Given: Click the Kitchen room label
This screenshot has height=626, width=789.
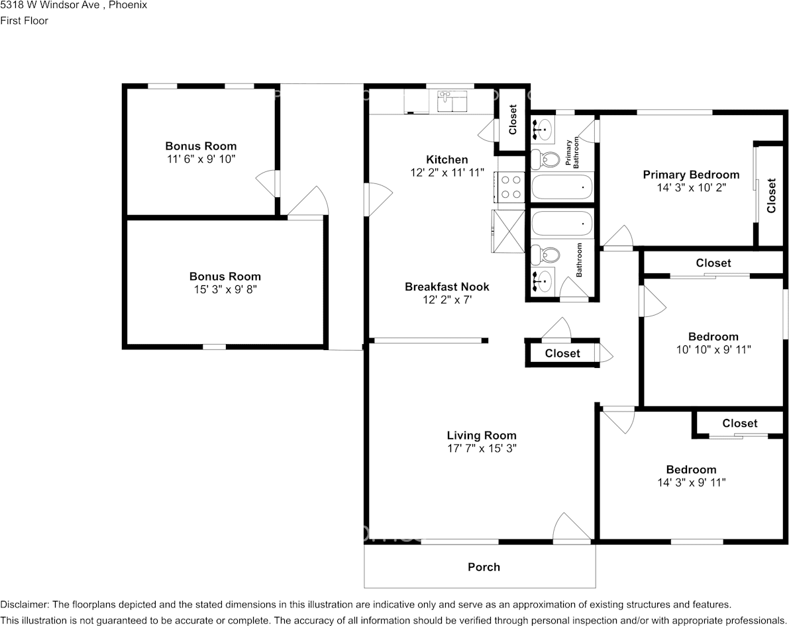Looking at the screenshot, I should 447,159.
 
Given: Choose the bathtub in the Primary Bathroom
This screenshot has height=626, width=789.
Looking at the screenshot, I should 562,187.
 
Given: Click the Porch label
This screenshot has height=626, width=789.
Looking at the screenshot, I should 484,566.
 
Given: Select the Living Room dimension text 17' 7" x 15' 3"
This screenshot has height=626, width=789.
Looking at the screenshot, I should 481,448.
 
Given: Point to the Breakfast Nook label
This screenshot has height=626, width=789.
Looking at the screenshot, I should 447,287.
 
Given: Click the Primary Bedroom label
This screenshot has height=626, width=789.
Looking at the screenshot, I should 691,175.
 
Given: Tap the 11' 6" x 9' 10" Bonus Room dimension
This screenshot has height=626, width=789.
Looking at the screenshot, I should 201,159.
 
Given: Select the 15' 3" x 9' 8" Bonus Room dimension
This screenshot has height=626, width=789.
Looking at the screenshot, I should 225,289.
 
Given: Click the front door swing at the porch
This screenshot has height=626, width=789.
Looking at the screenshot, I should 570,529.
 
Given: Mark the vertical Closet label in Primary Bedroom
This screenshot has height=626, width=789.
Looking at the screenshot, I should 771,195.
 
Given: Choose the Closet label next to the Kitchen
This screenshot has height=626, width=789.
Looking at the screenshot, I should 513,119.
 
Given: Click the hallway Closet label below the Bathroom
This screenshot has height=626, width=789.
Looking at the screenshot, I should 562,353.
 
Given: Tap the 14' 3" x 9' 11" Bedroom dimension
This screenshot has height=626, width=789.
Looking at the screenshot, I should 691,482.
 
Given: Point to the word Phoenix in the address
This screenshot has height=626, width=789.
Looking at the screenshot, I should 128,5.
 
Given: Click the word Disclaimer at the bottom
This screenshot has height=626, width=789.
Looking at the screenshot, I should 24,604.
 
